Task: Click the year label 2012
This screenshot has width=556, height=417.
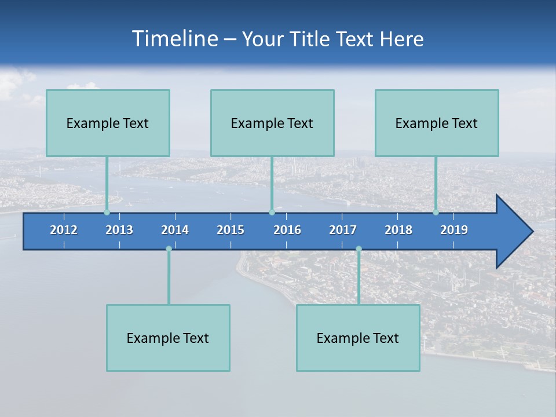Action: [64, 230]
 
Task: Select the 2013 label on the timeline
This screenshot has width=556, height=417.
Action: [119, 230]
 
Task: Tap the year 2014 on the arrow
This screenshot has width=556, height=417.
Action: [175, 230]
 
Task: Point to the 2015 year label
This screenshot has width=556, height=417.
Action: [231, 230]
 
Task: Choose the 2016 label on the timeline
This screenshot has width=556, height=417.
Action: [287, 230]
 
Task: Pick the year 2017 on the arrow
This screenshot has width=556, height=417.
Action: [343, 230]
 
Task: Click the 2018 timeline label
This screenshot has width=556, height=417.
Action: [398, 230]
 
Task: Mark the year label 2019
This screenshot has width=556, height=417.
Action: [454, 230]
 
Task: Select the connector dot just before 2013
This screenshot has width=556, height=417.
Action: [107, 213]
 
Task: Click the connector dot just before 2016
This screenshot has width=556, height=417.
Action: [272, 213]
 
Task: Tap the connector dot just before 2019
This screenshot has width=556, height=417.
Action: [436, 213]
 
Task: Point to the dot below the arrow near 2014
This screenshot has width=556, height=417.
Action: [169, 249]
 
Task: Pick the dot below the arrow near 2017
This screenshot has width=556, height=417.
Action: [359, 249]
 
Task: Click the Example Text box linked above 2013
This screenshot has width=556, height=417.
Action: [108, 123]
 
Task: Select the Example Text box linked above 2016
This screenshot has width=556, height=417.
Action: [272, 123]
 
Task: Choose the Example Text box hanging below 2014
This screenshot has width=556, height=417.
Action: [168, 338]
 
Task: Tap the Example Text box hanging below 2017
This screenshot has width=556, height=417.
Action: [358, 338]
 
